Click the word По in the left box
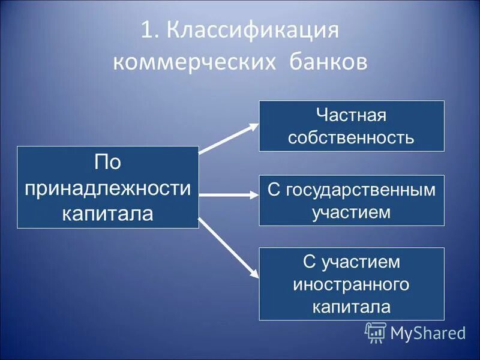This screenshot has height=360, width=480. pos(108,162)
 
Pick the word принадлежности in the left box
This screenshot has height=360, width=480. pos(108,187)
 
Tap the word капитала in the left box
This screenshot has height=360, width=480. pos(108,212)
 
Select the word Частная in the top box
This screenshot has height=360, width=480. pos(351,115)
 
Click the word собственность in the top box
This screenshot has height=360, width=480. pos(351,138)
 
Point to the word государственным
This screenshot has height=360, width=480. pos(359,190)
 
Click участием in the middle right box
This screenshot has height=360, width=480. pos(351,212)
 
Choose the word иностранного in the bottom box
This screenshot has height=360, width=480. pos(351,284)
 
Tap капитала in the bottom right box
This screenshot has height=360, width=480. pos(351,307)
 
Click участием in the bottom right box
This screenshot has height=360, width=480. pos(360,261)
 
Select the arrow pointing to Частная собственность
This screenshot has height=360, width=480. pos(229,139)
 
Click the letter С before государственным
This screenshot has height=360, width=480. pos(273,190)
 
